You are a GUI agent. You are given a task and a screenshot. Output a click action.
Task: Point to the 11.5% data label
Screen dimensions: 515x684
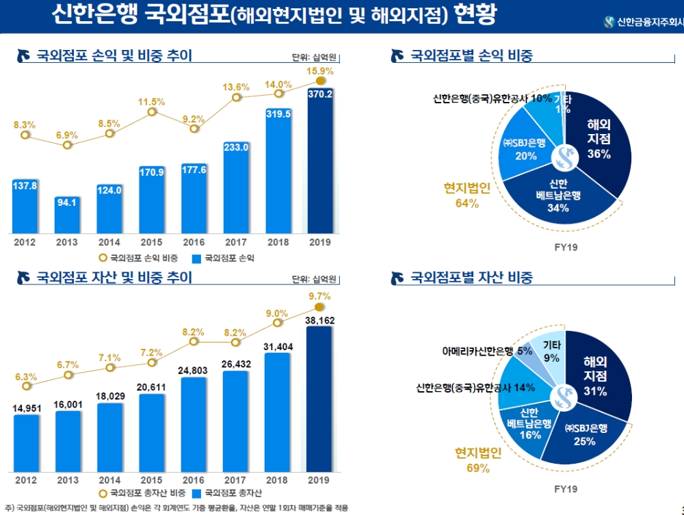[x=152, y=102]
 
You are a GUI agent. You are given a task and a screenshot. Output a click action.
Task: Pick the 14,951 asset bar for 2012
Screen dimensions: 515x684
[x=26, y=440]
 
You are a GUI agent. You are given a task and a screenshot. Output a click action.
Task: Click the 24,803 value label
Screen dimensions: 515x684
[x=194, y=369]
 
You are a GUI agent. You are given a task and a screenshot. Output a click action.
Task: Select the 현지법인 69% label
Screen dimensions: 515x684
[x=478, y=460]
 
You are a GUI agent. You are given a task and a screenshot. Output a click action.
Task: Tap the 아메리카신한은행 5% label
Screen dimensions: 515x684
[x=487, y=351]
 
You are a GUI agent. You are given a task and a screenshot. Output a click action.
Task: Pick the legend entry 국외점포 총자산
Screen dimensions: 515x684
[x=229, y=492]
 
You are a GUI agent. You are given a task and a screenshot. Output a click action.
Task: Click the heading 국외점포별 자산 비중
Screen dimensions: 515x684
[x=471, y=278]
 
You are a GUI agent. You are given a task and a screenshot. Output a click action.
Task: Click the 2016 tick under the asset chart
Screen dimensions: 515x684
[x=194, y=479]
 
